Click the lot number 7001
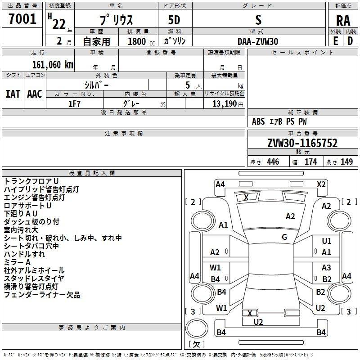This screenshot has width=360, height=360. click(22, 19)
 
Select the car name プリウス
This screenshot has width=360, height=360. click(116, 21)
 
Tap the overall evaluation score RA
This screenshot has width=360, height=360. click(343, 21)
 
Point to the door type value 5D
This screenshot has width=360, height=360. click(175, 21)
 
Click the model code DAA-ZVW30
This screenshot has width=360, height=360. click(258, 41)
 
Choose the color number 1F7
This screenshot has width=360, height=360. click(74, 103)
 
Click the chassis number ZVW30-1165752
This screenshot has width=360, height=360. click(302, 143)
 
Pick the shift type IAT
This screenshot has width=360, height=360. click(13, 94)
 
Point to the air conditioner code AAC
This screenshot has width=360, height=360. click(34, 94)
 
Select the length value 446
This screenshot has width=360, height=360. click(273, 162)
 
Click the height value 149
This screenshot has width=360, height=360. click(346, 162)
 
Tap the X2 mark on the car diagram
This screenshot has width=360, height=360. click(321, 184)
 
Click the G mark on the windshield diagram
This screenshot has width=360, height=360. click(284, 237)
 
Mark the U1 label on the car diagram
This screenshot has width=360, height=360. click(327, 242)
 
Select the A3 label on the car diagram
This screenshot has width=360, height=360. click(327, 268)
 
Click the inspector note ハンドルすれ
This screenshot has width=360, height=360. click(24, 254)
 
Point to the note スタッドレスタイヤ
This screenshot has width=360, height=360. click(34, 279)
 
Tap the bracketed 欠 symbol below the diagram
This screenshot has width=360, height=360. click(196, 344)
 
